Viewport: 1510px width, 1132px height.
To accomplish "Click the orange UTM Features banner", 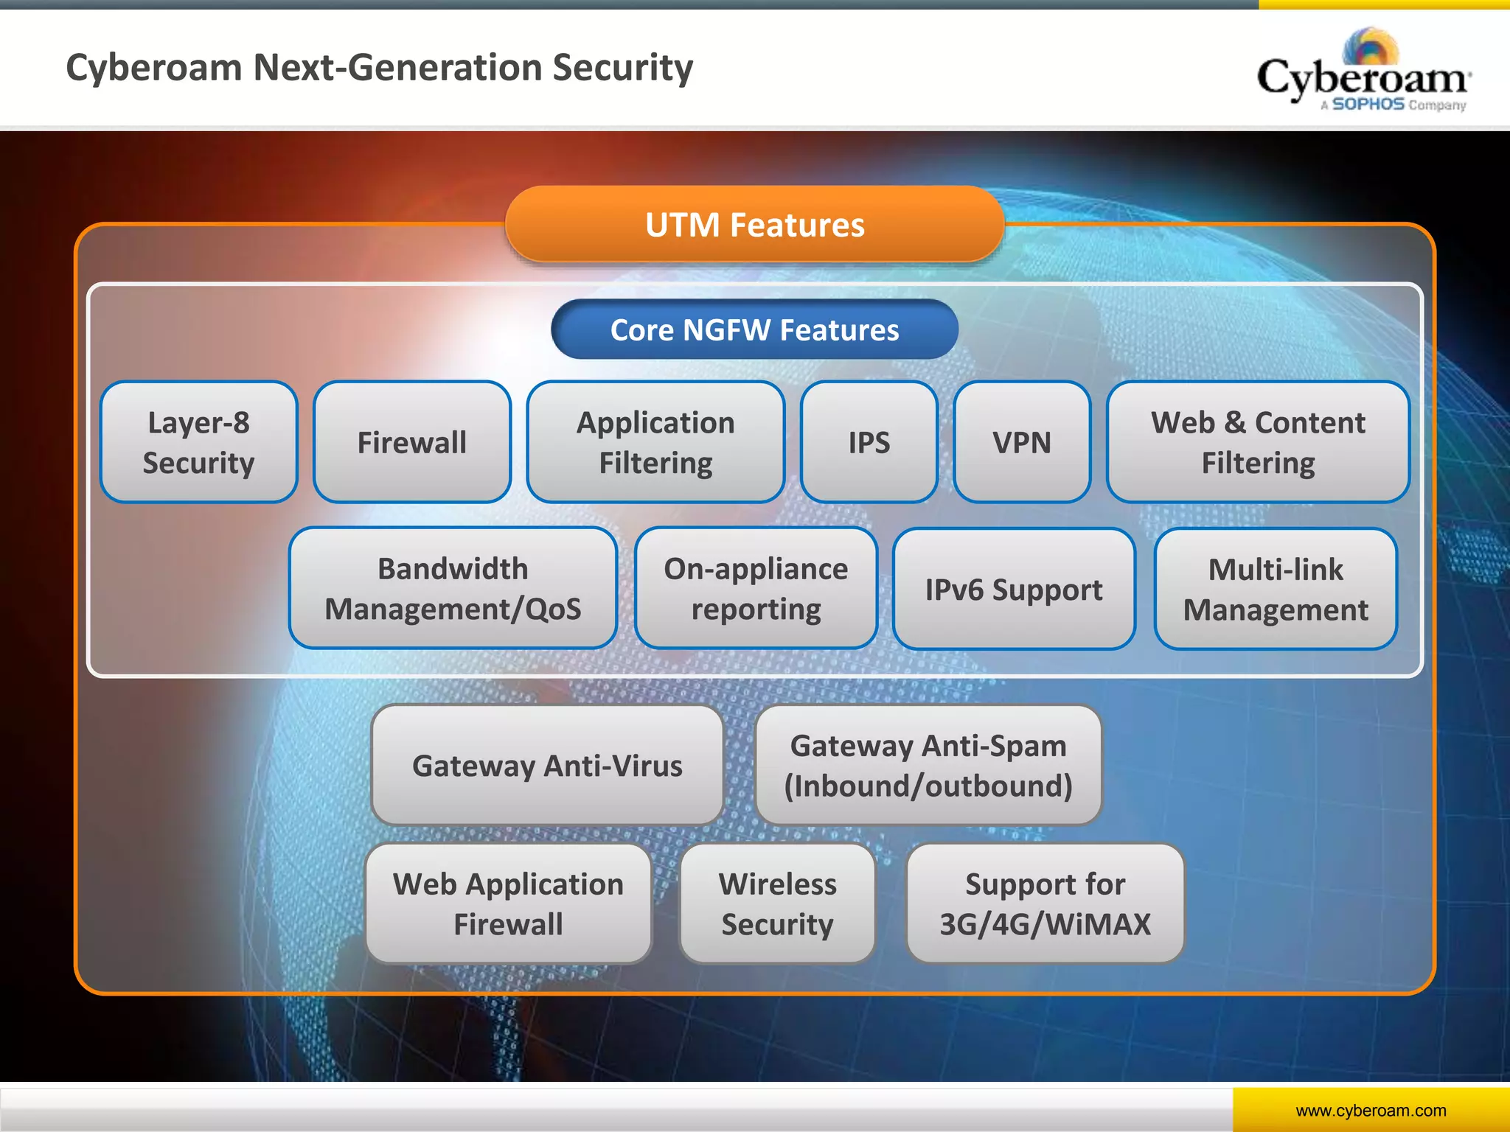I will click(x=754, y=224).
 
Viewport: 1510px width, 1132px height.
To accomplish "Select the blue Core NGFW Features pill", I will click(x=754, y=329).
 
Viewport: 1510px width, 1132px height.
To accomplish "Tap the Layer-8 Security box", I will click(x=198, y=442).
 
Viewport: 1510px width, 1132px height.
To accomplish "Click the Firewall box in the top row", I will click(x=411, y=442).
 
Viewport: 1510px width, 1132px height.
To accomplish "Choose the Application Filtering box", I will click(x=655, y=442).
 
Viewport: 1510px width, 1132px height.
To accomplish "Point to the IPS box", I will click(x=869, y=442).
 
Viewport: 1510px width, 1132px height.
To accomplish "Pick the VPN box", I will click(x=1021, y=442).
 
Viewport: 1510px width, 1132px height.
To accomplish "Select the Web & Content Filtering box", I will click(x=1258, y=442).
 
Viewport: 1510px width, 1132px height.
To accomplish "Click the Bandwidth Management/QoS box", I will click(x=453, y=588).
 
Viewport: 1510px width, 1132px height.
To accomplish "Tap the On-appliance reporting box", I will click(x=756, y=588).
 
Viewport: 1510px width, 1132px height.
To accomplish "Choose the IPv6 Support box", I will click(x=1014, y=589).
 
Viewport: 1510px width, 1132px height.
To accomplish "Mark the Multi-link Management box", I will click(x=1276, y=589).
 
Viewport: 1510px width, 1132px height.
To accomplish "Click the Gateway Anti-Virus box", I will click(x=547, y=765).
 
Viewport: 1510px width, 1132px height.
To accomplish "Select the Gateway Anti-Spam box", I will click(x=928, y=765).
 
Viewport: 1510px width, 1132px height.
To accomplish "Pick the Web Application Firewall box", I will click(x=508, y=904).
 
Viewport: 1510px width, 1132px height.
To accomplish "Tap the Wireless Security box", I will click(x=777, y=904).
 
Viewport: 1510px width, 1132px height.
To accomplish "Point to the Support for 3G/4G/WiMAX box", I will click(x=1045, y=904).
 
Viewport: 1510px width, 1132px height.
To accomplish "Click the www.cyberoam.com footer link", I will click(x=1371, y=1110).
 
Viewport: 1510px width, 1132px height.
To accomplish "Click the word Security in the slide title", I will click(x=623, y=68).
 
